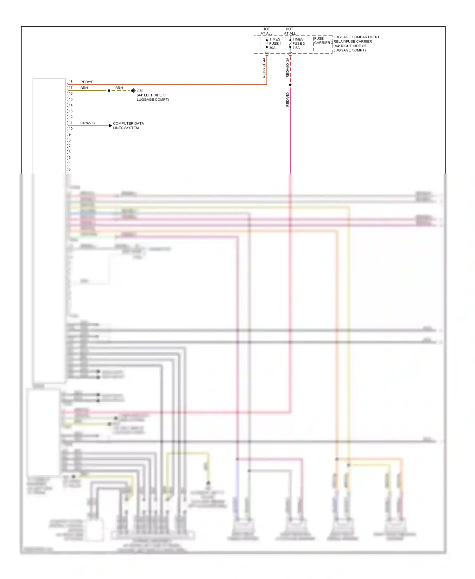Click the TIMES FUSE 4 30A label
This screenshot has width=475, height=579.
pos(275,44)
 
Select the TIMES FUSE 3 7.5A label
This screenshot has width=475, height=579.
pos(298,44)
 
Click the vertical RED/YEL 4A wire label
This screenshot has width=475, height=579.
pos(264,68)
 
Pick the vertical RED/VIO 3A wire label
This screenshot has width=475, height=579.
pos(288,67)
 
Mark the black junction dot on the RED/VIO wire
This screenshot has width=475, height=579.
pos(290,85)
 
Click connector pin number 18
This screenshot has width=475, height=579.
pos(71,82)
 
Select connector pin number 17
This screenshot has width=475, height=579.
pos(71,88)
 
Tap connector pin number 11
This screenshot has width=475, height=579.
pos(71,123)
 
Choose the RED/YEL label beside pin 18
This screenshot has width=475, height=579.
pos(88,82)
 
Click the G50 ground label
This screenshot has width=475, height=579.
pos(140,91)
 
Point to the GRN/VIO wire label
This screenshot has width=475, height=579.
pos(88,123)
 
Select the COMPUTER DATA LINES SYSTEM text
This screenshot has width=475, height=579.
pos(128,126)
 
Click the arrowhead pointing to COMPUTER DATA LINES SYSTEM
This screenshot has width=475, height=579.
pos(110,126)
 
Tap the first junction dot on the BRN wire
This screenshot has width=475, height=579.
pos(109,91)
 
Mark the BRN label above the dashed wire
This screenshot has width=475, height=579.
pos(119,88)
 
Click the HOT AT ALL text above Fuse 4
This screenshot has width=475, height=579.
pos(266,31)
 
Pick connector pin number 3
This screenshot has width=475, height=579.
pos(70,169)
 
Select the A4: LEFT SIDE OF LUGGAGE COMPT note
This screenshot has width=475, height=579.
pos(153,97)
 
